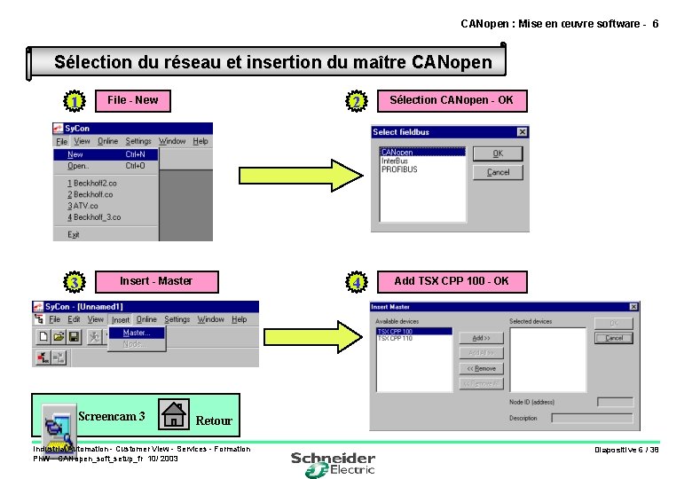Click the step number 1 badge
point(75,102)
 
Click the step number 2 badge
point(356,103)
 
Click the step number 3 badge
point(75,283)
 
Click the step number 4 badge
point(356,283)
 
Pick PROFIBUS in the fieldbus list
point(399,169)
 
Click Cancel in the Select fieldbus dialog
point(498,172)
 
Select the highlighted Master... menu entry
point(136,333)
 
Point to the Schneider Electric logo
point(333,463)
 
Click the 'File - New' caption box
point(132,100)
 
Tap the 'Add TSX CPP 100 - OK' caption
point(451,281)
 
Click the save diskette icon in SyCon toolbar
point(75,337)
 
